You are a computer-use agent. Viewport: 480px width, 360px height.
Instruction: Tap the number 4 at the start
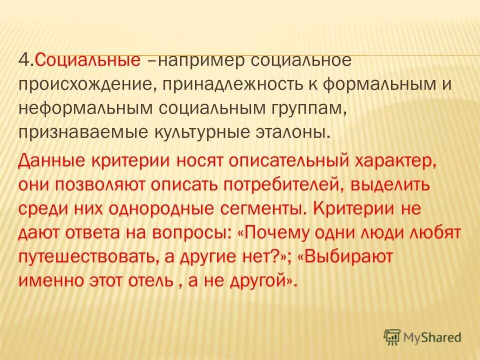(22, 60)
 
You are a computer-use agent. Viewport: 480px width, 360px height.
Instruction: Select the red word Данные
(48, 161)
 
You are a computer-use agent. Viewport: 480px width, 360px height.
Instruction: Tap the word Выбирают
(348, 257)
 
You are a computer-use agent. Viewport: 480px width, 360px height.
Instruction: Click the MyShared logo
(422, 336)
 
